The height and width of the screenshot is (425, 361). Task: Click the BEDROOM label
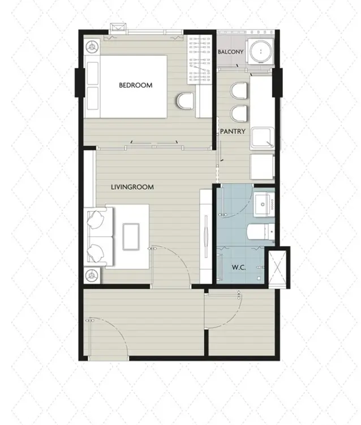tap(136, 85)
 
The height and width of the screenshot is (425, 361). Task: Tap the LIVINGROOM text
tap(132, 187)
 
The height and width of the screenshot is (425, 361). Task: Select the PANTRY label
tap(233, 131)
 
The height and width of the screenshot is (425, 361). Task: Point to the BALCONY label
tap(230, 52)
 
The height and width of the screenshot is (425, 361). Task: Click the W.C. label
tap(239, 267)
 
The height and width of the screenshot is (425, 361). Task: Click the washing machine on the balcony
tap(261, 51)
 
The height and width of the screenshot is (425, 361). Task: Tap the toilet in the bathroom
tap(261, 232)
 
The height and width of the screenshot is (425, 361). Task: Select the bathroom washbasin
tap(264, 205)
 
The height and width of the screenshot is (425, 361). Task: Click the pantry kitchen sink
tap(262, 138)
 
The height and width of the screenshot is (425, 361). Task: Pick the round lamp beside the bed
tap(92, 46)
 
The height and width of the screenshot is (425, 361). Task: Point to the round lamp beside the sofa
tap(92, 275)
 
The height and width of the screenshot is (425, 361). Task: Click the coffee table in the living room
tap(131, 236)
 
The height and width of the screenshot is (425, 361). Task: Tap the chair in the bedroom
tap(185, 101)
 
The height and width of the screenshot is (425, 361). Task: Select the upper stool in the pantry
tap(239, 90)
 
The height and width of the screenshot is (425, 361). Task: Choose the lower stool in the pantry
tap(239, 113)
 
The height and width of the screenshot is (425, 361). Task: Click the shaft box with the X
tap(277, 267)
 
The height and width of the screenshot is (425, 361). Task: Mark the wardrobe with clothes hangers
tap(200, 59)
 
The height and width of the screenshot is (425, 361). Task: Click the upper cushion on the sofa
tap(96, 218)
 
